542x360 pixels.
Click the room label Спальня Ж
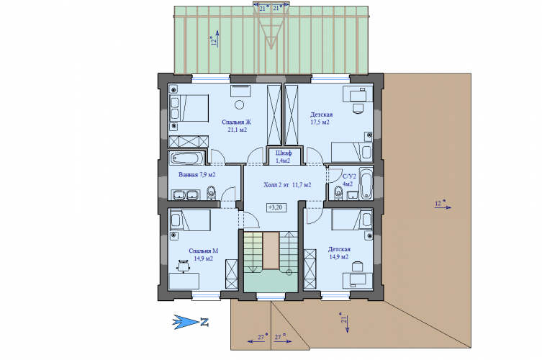coord(237,122)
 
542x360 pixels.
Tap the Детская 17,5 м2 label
coord(321,118)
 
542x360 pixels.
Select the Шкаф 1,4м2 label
coord(284,157)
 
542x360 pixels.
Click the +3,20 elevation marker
coord(276,207)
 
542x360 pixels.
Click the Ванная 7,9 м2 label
coord(197,175)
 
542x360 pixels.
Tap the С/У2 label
coord(349,176)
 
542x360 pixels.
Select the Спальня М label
coord(203,251)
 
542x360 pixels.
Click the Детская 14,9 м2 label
coord(339,253)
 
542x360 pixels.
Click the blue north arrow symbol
coord(186,322)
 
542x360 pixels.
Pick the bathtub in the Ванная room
coord(186,158)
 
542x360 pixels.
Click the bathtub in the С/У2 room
coord(366,184)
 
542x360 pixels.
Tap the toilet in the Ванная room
coord(211,192)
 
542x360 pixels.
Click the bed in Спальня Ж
coord(189,108)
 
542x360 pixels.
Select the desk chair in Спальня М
coord(183,266)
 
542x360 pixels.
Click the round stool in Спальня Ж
coord(239,104)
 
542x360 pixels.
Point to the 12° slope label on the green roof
coord(214,41)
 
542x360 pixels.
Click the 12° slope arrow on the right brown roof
coord(443,207)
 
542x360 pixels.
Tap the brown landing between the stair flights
coord(271,251)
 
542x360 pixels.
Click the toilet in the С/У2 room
coord(339,193)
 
